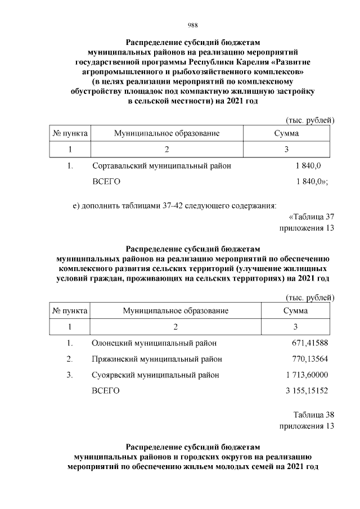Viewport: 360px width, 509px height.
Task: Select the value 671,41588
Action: pyautogui.click(x=308, y=343)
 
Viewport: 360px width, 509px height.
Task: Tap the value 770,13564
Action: pyautogui.click(x=308, y=359)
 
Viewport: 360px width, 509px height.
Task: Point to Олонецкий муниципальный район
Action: pyautogui.click(x=154, y=343)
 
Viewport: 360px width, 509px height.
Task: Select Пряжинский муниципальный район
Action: pyautogui.click(x=156, y=359)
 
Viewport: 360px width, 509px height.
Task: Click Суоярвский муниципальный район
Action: pyautogui.click(x=155, y=375)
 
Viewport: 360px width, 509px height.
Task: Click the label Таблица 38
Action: pyautogui.click(x=314, y=415)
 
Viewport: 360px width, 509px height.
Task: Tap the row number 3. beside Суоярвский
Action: pyautogui.click(x=70, y=375)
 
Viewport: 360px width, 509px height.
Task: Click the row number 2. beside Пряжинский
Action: pyautogui.click(x=70, y=359)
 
